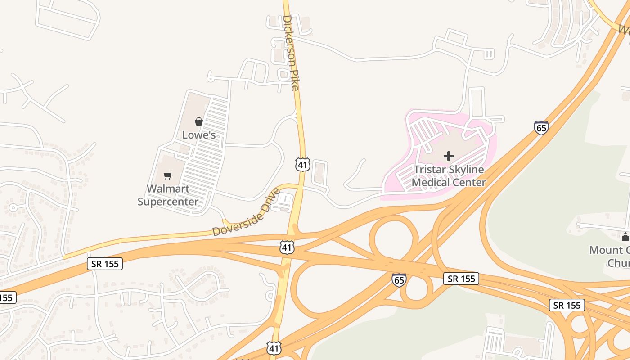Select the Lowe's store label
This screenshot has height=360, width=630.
click(198, 135)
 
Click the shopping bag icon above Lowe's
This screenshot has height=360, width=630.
click(198, 121)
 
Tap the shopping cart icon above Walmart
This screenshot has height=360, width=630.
click(167, 175)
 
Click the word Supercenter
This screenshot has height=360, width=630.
click(168, 201)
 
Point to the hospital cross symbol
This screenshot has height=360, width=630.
click(448, 156)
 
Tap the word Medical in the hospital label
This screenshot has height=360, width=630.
click(431, 182)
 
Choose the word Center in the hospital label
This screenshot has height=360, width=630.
click(470, 182)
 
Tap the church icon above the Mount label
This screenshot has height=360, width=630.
click(625, 236)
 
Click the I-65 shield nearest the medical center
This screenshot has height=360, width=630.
click(541, 128)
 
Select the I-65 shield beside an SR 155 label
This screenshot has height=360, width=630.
click(399, 279)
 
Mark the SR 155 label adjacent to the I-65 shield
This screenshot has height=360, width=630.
click(461, 279)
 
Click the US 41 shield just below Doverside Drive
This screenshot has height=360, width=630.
click(287, 247)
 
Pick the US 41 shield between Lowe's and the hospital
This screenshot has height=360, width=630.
click(303, 165)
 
